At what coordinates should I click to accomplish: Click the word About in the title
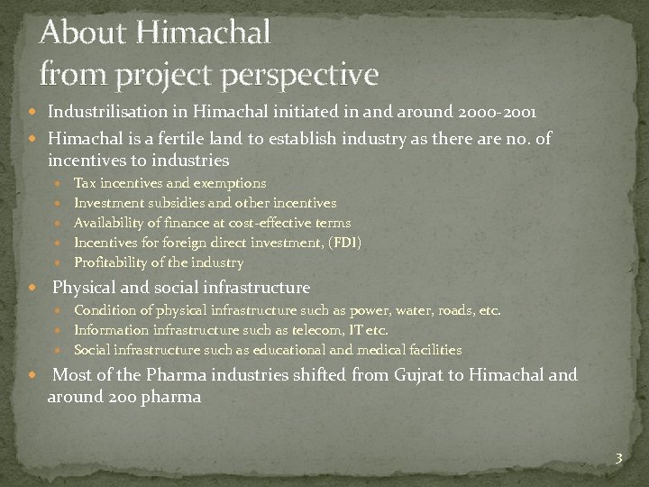point(84,33)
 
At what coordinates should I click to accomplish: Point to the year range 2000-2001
point(497,113)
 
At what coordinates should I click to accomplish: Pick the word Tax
point(85,183)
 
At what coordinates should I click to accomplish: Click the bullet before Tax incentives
point(59,183)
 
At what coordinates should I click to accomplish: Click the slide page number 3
point(618,459)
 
